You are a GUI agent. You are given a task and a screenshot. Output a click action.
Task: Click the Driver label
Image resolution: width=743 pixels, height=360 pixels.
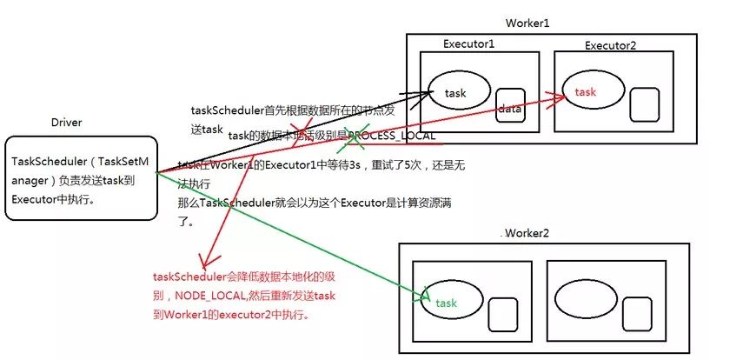66,123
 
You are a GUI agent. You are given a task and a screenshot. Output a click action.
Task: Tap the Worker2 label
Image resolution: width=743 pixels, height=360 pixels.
527,235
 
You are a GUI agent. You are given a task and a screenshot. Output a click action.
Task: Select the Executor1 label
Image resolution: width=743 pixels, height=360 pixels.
468,44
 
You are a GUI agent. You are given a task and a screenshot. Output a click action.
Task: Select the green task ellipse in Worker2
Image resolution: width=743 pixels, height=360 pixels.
449,302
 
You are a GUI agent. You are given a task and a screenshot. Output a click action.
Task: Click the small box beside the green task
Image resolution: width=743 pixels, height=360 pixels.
501,312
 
